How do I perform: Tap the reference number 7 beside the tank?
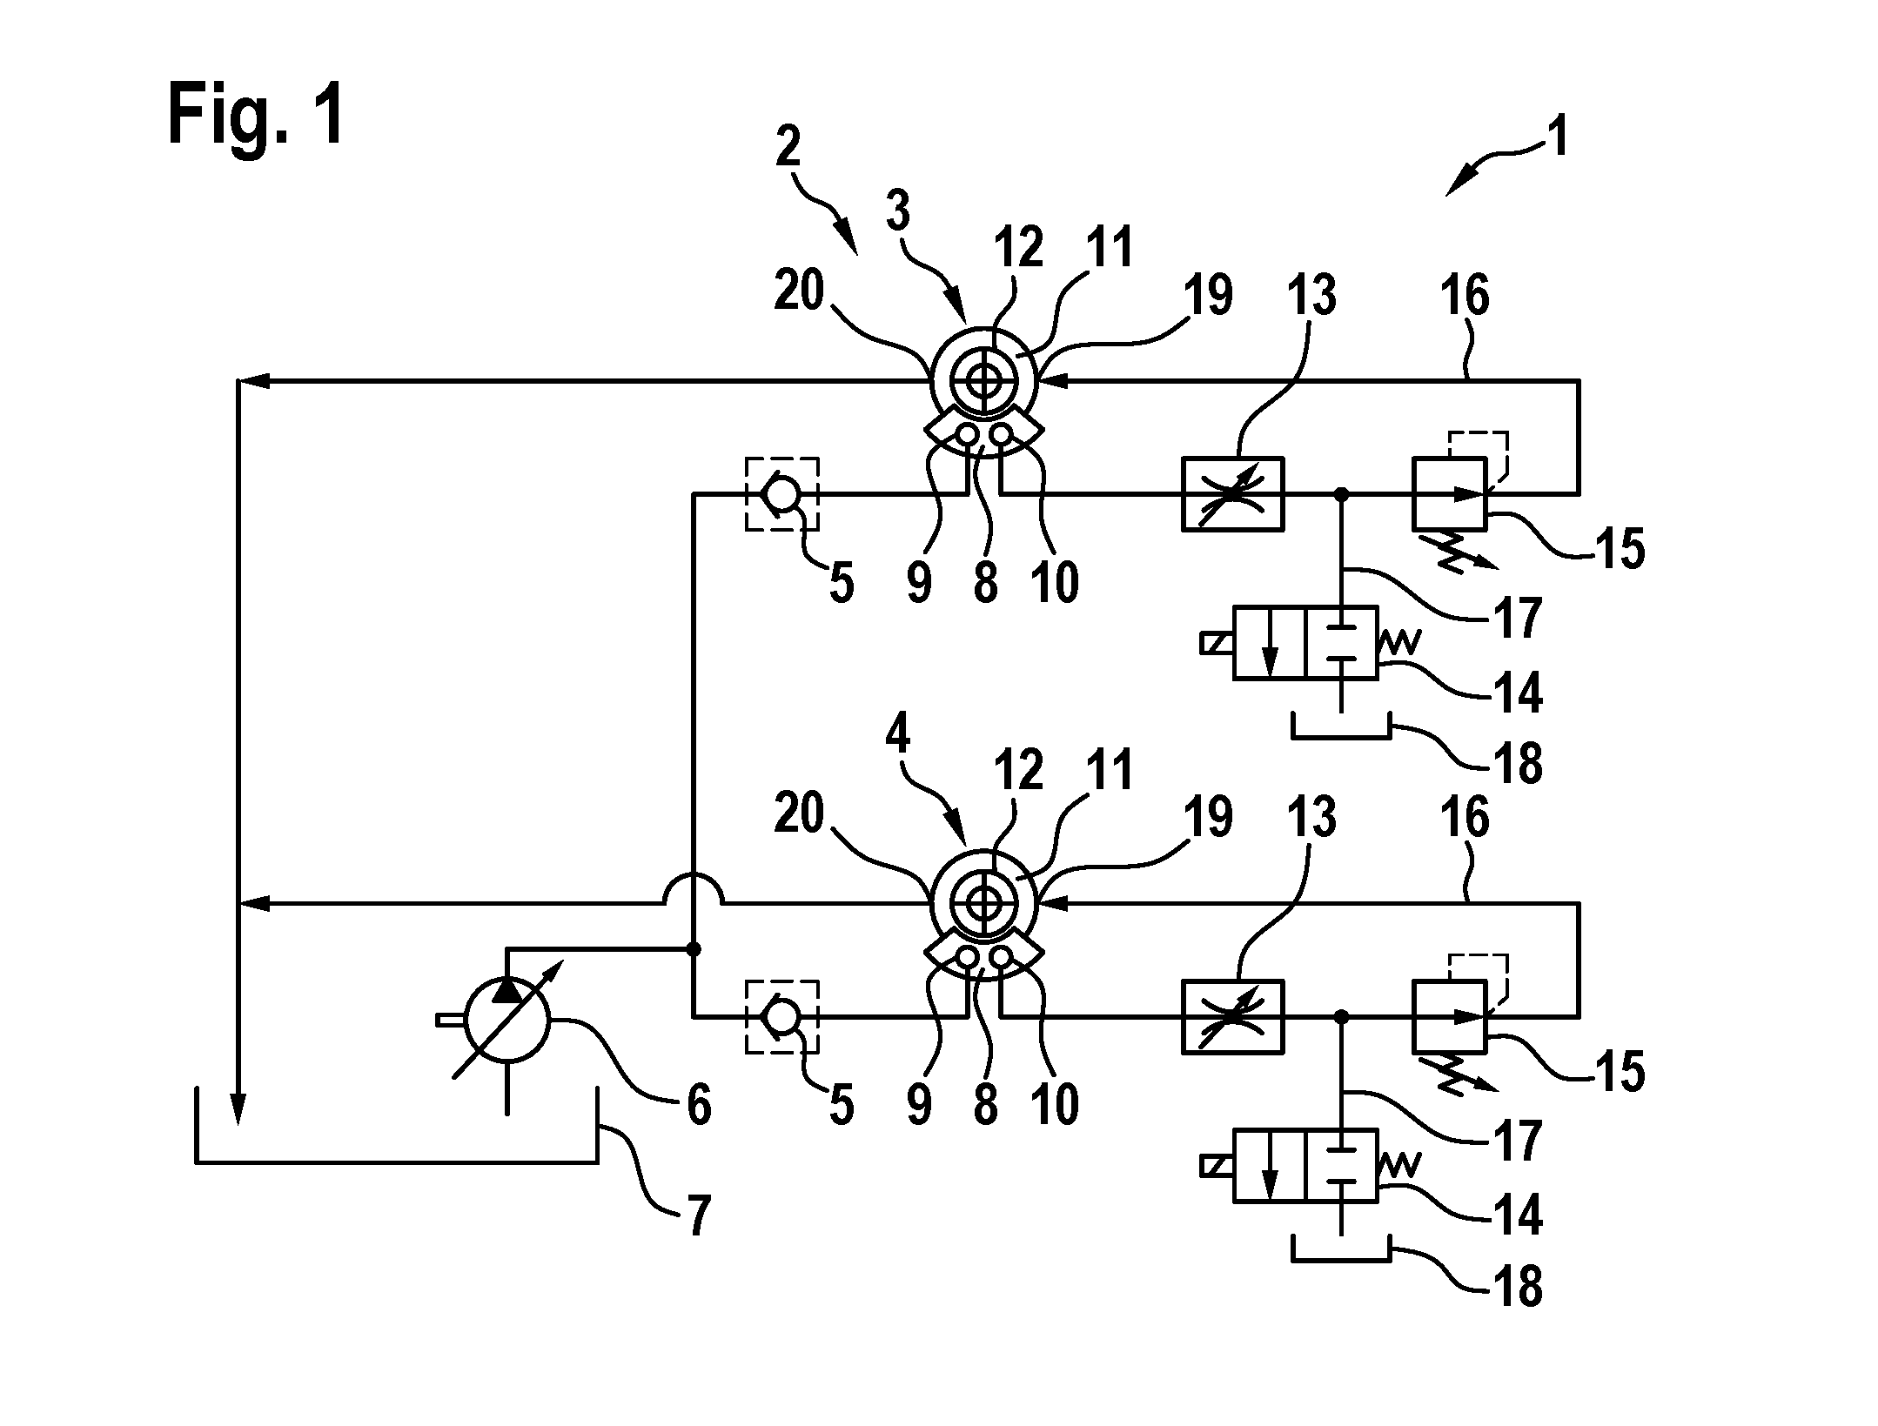pos(700,1215)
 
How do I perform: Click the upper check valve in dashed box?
pos(781,493)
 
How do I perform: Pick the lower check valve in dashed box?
pos(781,1015)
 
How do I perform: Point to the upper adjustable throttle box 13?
pos(1232,493)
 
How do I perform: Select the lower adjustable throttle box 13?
pos(1232,1016)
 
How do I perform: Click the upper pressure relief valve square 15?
pos(1450,493)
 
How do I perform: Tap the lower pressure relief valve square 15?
pos(1450,1016)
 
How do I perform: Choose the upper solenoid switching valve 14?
pos(1305,643)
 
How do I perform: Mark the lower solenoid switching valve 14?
pos(1305,1166)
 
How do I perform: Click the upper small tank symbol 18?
pos(1341,727)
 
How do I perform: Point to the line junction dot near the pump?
pos(694,948)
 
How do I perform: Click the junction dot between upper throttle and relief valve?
pos(1342,493)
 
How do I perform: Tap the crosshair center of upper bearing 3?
pos(984,380)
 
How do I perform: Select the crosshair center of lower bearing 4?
pos(984,905)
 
